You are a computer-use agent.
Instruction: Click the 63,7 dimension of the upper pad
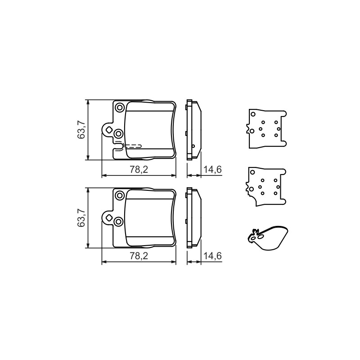[x=81, y=130]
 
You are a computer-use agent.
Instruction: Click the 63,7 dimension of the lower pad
[x=81, y=218]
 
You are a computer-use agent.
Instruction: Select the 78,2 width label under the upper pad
[x=139, y=170]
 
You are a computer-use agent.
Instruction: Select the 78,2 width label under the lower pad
[x=139, y=256]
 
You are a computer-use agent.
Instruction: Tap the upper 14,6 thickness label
[x=212, y=170]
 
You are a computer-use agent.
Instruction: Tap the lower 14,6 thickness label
[x=212, y=256]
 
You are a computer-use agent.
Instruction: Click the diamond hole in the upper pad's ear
[x=108, y=130]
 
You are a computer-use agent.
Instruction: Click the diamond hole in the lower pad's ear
[x=108, y=218]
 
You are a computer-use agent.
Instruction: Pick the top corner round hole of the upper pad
[x=120, y=108]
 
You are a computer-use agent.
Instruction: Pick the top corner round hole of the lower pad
[x=120, y=195]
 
